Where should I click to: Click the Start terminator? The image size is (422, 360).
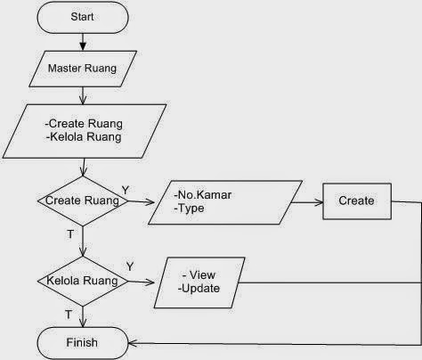click(83, 17)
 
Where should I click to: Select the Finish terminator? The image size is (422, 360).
click(83, 343)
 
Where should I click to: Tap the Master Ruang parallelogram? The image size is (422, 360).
click(83, 69)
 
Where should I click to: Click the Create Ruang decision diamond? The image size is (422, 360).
click(83, 201)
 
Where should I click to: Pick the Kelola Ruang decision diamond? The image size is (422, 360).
click(83, 281)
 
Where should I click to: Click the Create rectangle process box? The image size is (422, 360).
click(357, 201)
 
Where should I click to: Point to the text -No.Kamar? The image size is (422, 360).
click(203, 195)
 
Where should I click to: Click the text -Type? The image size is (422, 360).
click(189, 209)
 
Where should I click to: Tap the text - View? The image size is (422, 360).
click(199, 275)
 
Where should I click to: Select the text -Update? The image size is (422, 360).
click(199, 289)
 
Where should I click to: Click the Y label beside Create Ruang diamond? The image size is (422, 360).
click(126, 190)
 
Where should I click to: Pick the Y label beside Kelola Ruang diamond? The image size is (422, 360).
click(130, 266)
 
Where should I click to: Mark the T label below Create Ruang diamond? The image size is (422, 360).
click(70, 234)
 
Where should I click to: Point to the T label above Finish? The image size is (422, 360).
click(69, 315)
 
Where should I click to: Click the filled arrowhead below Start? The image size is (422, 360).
click(83, 46)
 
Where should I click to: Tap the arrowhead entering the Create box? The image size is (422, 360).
click(319, 203)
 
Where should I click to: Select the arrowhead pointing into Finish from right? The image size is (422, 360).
click(133, 343)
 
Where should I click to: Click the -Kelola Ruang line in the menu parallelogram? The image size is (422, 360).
click(84, 137)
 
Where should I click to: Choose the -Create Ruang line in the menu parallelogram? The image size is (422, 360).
click(84, 124)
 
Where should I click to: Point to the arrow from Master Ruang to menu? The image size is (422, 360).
click(83, 95)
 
